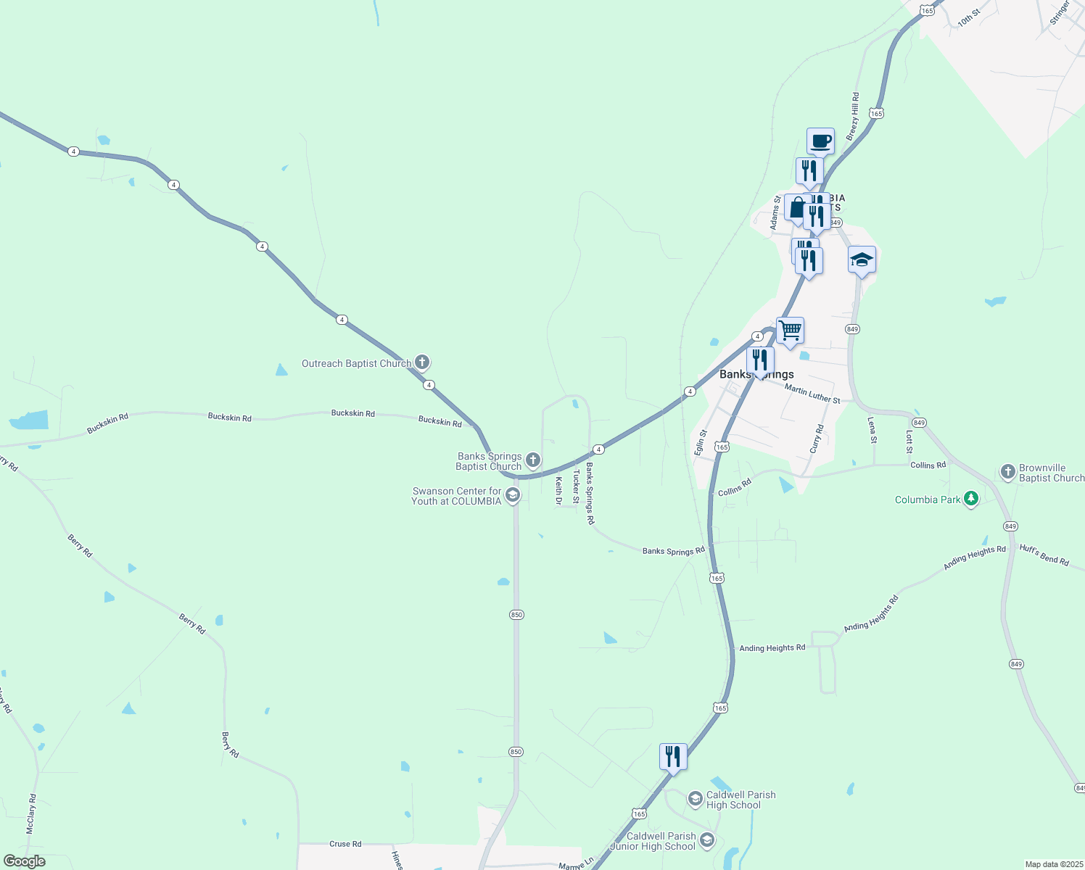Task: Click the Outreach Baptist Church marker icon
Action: (x=422, y=362)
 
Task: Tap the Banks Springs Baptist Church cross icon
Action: (x=533, y=460)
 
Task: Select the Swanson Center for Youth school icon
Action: (x=513, y=495)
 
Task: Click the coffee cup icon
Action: (x=820, y=141)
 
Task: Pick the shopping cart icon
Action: (x=790, y=330)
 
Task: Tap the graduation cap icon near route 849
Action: (x=862, y=259)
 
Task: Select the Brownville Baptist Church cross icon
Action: (x=1007, y=472)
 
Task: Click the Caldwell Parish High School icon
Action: (x=695, y=799)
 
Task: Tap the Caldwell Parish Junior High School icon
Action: (x=707, y=840)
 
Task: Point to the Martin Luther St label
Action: (x=812, y=394)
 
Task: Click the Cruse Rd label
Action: (x=345, y=844)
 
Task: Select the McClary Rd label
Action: (x=31, y=813)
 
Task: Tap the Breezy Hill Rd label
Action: (x=853, y=112)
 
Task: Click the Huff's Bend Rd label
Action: (x=1044, y=555)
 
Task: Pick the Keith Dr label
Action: (x=559, y=490)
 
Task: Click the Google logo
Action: (x=25, y=861)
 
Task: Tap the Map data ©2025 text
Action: (x=1053, y=864)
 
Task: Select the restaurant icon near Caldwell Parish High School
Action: (x=673, y=756)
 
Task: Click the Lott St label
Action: (x=909, y=442)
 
